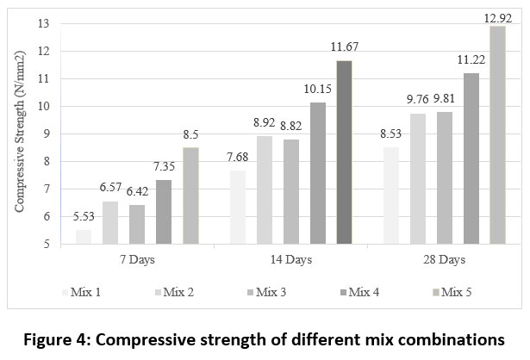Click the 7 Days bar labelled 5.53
(x=83, y=237)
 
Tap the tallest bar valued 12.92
(x=498, y=135)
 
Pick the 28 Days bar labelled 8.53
(x=390, y=196)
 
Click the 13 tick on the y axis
(x=42, y=23)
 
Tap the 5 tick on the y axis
(x=45, y=244)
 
